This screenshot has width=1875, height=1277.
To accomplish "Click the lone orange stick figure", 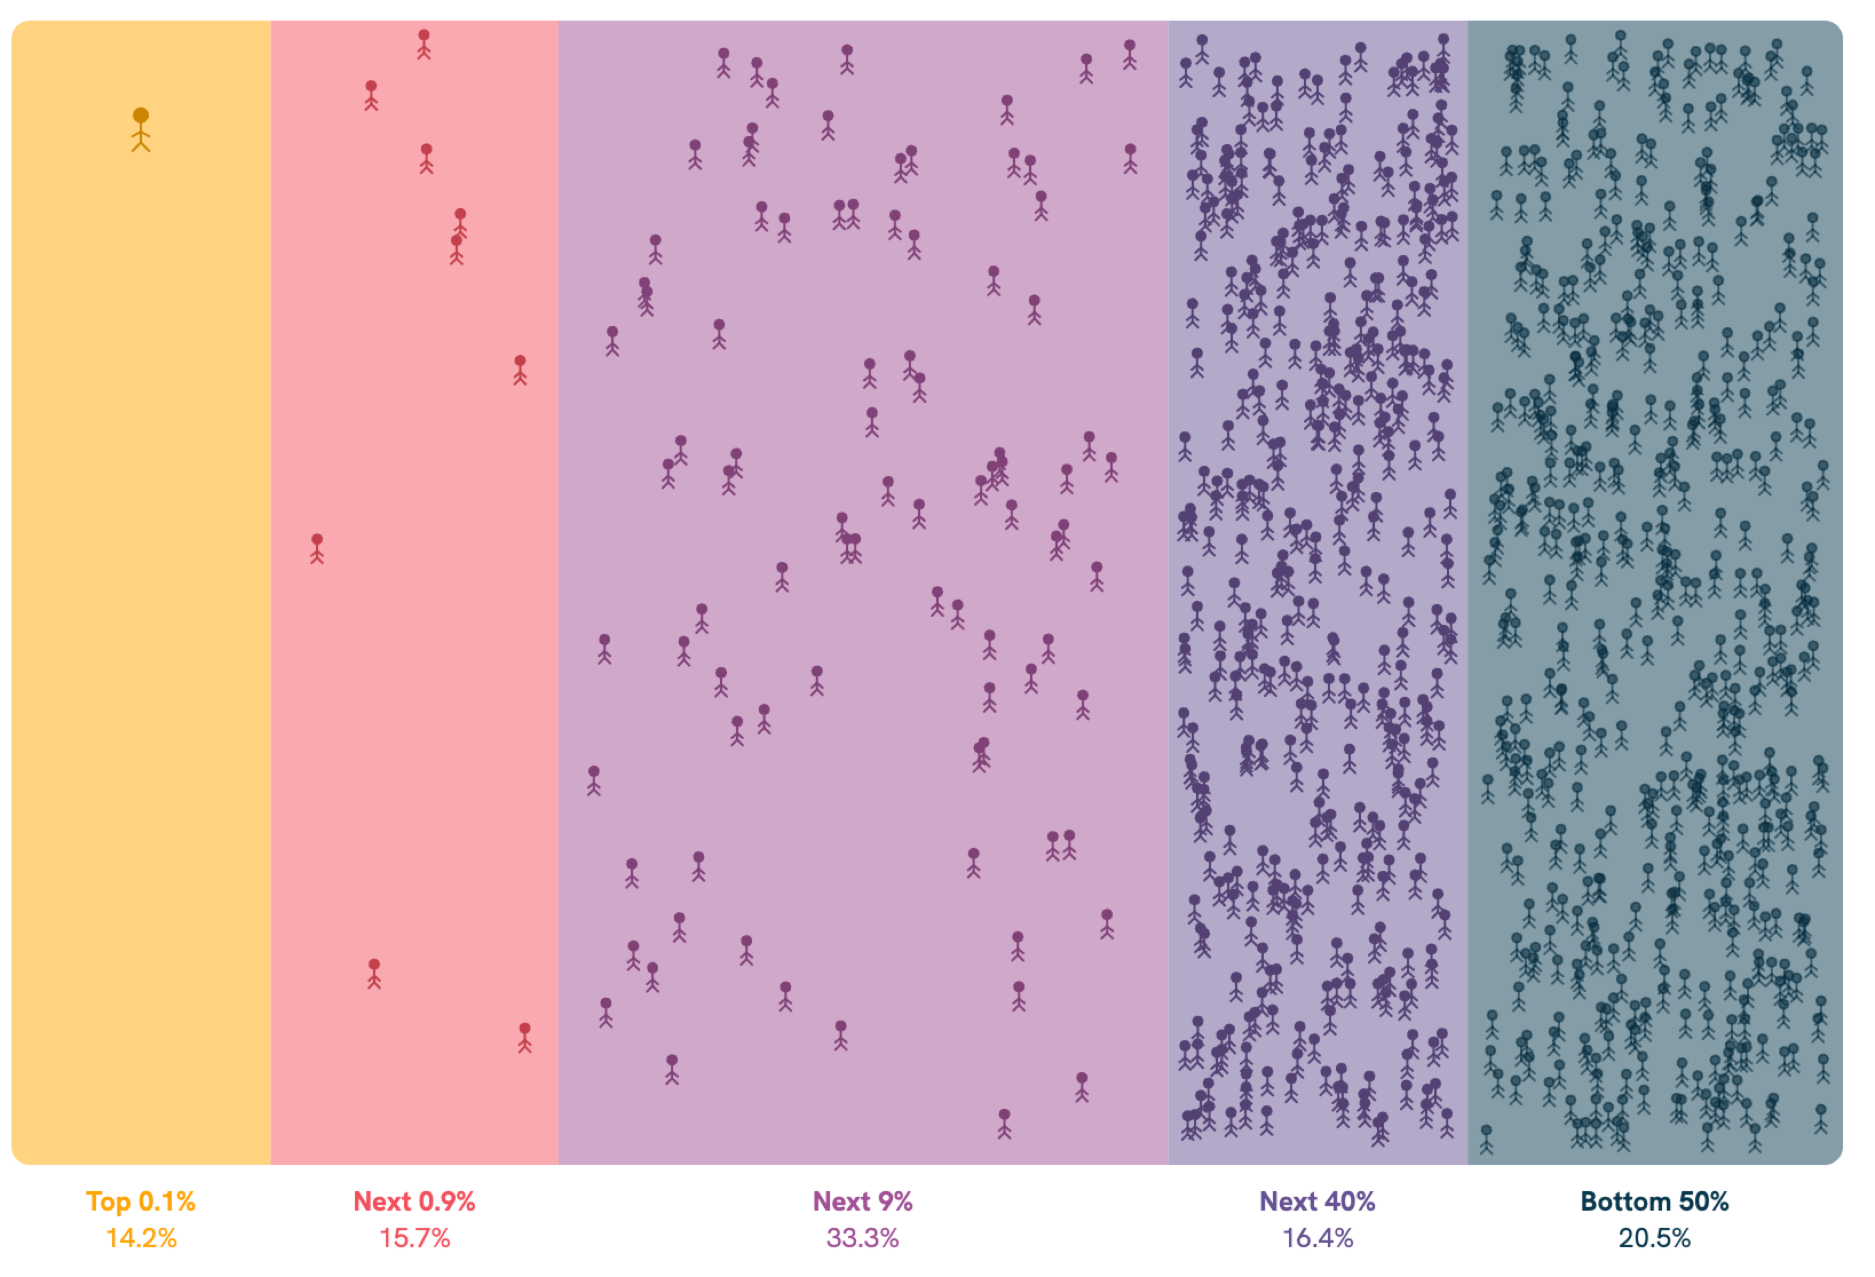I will click(141, 130).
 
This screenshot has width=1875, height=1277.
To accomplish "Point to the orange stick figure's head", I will click(141, 116).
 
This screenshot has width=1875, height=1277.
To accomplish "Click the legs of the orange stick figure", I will click(141, 146).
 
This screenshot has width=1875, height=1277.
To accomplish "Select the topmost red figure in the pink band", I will click(424, 45).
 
